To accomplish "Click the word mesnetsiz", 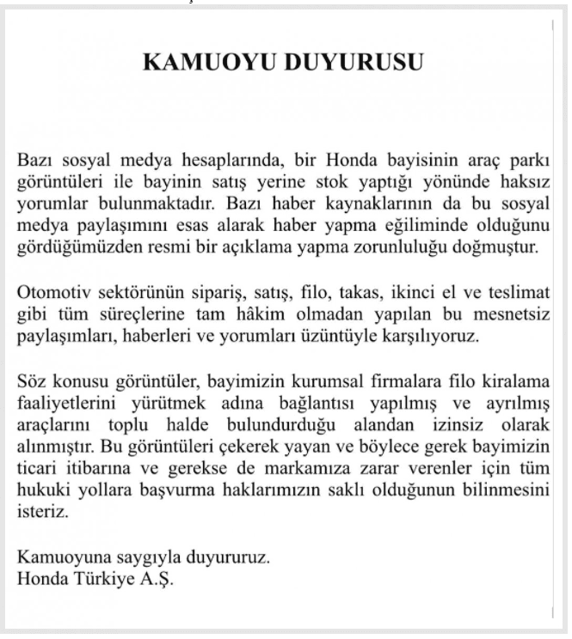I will point(514,312).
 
